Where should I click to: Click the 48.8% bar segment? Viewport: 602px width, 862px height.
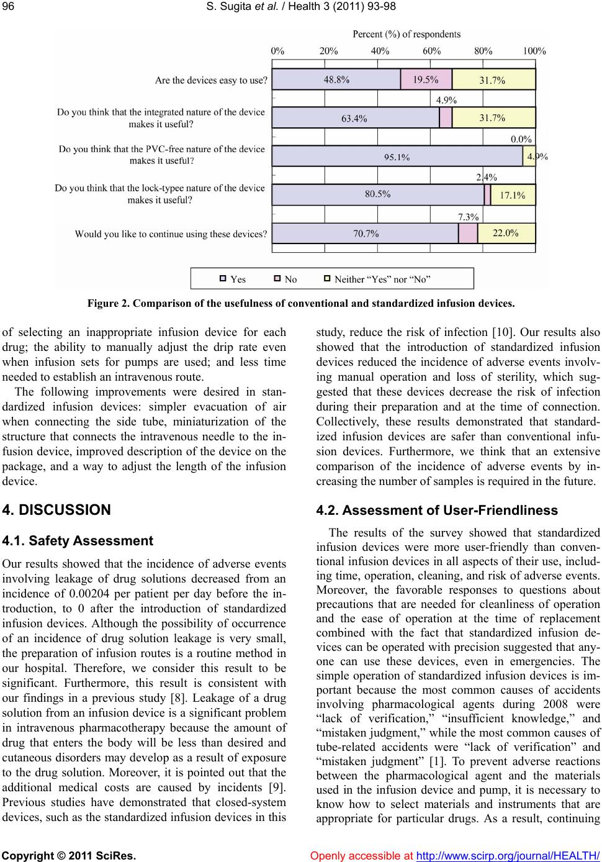pyautogui.click(x=336, y=79)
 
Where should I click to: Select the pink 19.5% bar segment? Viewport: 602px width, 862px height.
pyautogui.click(x=426, y=79)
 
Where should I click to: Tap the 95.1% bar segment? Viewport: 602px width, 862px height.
pyautogui.click(x=397, y=157)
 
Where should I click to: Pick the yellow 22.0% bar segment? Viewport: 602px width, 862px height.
pyautogui.click(x=506, y=233)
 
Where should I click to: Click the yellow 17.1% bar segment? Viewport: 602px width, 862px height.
pyautogui.click(x=513, y=195)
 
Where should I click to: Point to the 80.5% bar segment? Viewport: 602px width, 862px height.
pyautogui.click(x=378, y=194)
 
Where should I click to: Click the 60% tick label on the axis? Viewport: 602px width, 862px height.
pyautogui.click(x=432, y=52)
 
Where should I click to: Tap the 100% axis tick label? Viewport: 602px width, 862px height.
pyautogui.click(x=534, y=52)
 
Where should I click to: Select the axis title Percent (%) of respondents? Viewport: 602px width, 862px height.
pyautogui.click(x=407, y=34)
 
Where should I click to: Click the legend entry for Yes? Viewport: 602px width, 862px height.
pyautogui.click(x=233, y=279)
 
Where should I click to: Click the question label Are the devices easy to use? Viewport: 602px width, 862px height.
pyautogui.click(x=211, y=80)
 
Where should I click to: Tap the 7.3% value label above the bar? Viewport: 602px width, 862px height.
pyautogui.click(x=468, y=217)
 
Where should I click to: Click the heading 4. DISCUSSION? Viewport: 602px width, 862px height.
pyautogui.click(x=56, y=510)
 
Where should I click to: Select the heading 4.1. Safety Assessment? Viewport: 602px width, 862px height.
pyautogui.click(x=78, y=541)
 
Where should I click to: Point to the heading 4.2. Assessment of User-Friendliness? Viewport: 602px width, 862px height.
pyautogui.click(x=437, y=510)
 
